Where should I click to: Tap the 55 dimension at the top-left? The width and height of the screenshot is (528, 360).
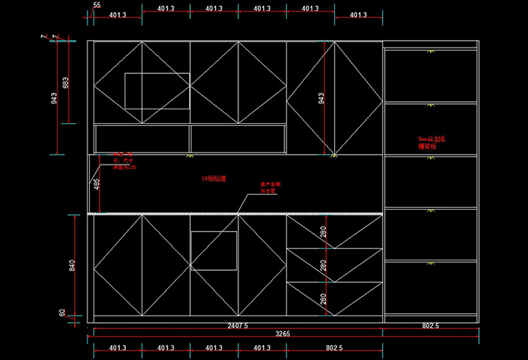[97, 5]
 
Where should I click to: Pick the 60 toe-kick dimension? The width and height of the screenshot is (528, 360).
[63, 312]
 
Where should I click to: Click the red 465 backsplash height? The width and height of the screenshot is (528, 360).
[97, 185]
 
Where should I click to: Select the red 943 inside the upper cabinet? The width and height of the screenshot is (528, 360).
[321, 99]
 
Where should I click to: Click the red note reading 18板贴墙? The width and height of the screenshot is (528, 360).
[214, 179]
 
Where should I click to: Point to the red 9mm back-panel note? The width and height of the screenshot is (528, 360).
[432, 142]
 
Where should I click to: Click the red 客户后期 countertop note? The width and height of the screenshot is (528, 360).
[269, 187]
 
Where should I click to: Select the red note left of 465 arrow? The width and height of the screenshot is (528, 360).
[124, 161]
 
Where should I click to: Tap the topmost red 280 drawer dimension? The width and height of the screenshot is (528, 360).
[323, 232]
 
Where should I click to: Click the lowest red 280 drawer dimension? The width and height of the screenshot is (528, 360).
[323, 300]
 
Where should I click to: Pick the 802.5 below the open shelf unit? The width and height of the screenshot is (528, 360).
[431, 326]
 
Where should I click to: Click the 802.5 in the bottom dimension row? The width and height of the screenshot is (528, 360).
[334, 348]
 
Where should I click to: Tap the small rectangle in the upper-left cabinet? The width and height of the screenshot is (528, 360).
[157, 91]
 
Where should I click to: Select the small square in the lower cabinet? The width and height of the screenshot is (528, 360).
[214, 251]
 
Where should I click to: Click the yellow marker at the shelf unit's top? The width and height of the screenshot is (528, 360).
[431, 51]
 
